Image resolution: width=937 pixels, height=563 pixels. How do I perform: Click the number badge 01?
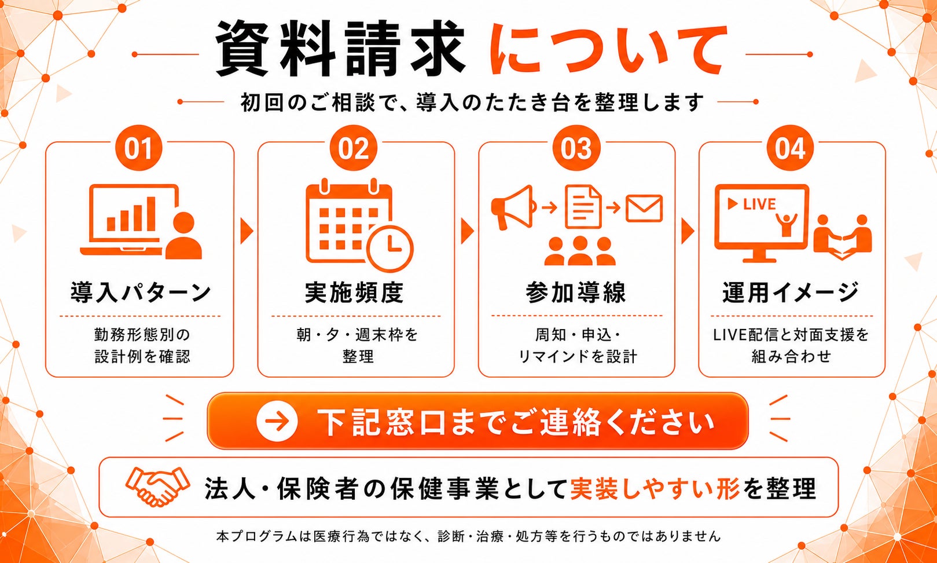click(x=139, y=148)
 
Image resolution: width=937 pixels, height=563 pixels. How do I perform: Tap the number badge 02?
click(x=354, y=148)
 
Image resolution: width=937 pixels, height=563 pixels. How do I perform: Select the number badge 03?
click(x=576, y=148)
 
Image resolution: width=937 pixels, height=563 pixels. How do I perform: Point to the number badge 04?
click(x=790, y=148)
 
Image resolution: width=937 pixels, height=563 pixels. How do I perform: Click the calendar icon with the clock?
click(x=359, y=225)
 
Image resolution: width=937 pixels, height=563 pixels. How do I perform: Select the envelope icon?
click(x=644, y=208)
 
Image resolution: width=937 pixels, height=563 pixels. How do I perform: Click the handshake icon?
click(x=157, y=487)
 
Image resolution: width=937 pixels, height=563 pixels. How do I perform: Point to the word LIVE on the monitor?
click(x=759, y=204)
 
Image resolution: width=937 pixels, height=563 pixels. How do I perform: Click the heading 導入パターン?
click(x=141, y=292)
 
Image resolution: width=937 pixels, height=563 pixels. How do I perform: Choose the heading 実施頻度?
click(x=354, y=292)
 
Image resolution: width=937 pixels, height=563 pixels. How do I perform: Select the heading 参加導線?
click(x=576, y=292)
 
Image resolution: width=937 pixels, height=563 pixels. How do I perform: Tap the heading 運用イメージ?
click(x=791, y=292)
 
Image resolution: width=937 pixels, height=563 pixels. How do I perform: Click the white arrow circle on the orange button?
click(x=277, y=421)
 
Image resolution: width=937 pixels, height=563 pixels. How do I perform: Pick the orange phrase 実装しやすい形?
click(x=655, y=488)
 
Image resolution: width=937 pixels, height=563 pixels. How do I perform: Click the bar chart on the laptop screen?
click(x=131, y=214)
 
